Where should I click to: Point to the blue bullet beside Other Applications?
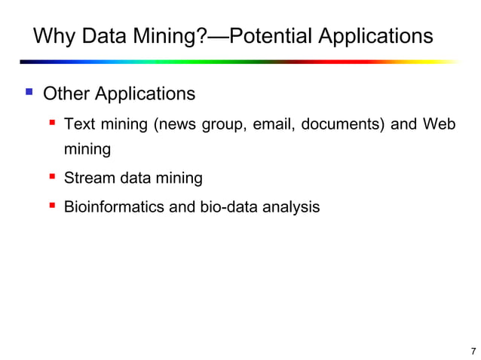29,93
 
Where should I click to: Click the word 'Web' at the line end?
439,124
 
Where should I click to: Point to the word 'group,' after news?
224,124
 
